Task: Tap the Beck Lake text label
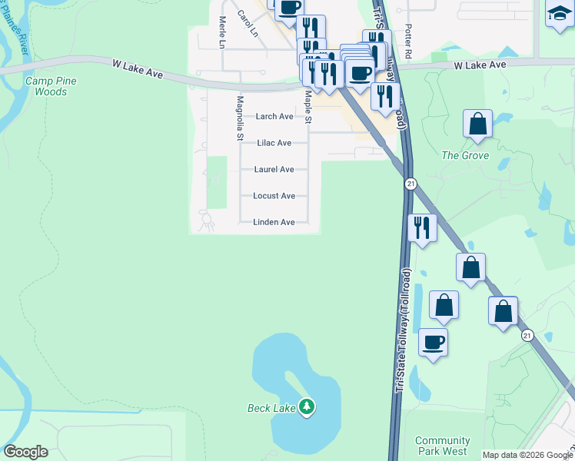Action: coord(271,408)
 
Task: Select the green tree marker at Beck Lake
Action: coord(307,406)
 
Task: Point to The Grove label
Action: coord(465,155)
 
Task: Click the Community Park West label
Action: coord(442,446)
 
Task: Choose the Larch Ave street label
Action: coord(274,117)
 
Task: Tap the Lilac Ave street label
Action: coord(274,143)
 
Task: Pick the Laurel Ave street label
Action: coord(274,170)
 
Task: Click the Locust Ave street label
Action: coord(274,196)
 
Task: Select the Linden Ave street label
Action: coord(274,222)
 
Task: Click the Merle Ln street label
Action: coord(221,33)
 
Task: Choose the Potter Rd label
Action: coord(409,40)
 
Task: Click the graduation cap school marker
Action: coord(560,14)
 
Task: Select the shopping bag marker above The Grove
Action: coord(477,123)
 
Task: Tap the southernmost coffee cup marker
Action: coord(434,342)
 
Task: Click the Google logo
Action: coord(25,452)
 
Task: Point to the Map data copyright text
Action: coord(527,455)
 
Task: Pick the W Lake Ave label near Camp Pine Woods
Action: coord(138,70)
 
